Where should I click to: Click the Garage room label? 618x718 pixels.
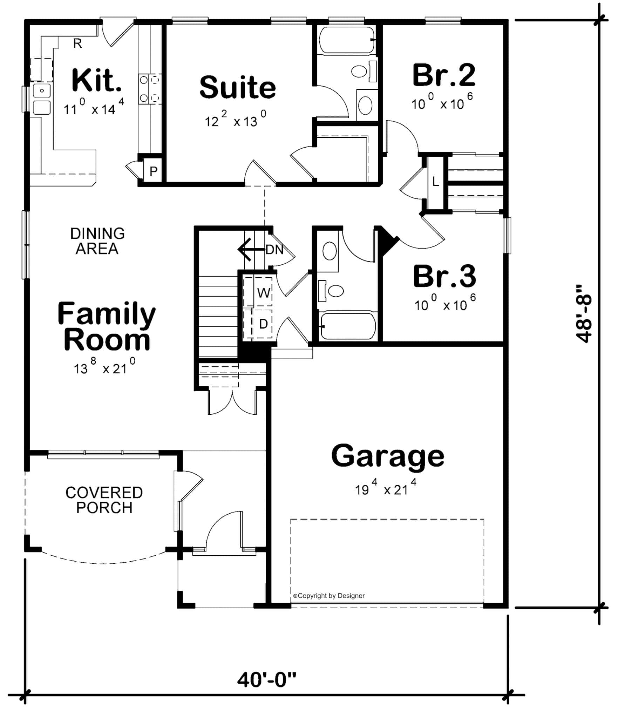(387, 456)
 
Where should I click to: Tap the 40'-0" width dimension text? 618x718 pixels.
(266, 680)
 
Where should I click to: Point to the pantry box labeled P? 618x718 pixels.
(153, 171)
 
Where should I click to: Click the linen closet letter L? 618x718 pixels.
(435, 182)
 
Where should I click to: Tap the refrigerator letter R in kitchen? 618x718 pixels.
(77, 43)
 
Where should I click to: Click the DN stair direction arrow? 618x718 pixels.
(251, 249)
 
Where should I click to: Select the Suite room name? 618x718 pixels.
(238, 87)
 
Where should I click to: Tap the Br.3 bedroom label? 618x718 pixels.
(444, 277)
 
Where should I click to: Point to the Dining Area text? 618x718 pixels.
(97, 241)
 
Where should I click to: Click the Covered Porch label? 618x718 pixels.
(104, 500)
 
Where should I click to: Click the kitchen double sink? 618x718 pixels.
(42, 99)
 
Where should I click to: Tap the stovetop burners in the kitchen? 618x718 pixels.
(150, 89)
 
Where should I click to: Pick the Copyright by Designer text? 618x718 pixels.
(329, 596)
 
